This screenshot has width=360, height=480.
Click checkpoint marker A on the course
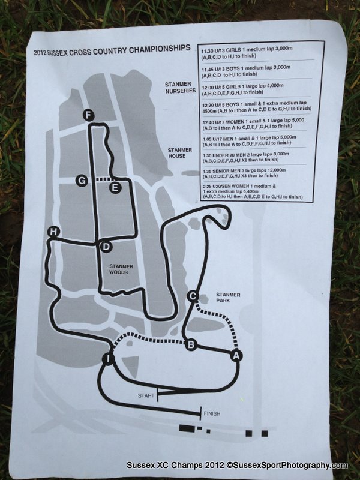point(236,356)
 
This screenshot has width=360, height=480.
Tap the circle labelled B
point(191,344)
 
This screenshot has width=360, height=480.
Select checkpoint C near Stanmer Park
point(193,296)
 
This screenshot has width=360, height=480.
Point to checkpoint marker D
point(105,247)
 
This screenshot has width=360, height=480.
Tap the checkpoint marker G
point(82,180)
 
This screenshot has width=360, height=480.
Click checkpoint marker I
point(108,359)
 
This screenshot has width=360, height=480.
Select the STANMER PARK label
point(228,299)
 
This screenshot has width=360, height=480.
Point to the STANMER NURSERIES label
point(181,88)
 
